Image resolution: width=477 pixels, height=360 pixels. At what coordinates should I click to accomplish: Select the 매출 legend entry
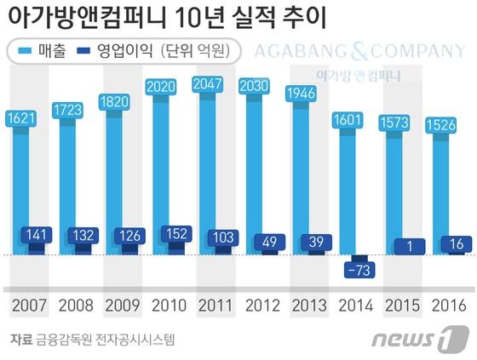tap(43, 52)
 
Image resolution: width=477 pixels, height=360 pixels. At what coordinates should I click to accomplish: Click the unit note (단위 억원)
tap(193, 52)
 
